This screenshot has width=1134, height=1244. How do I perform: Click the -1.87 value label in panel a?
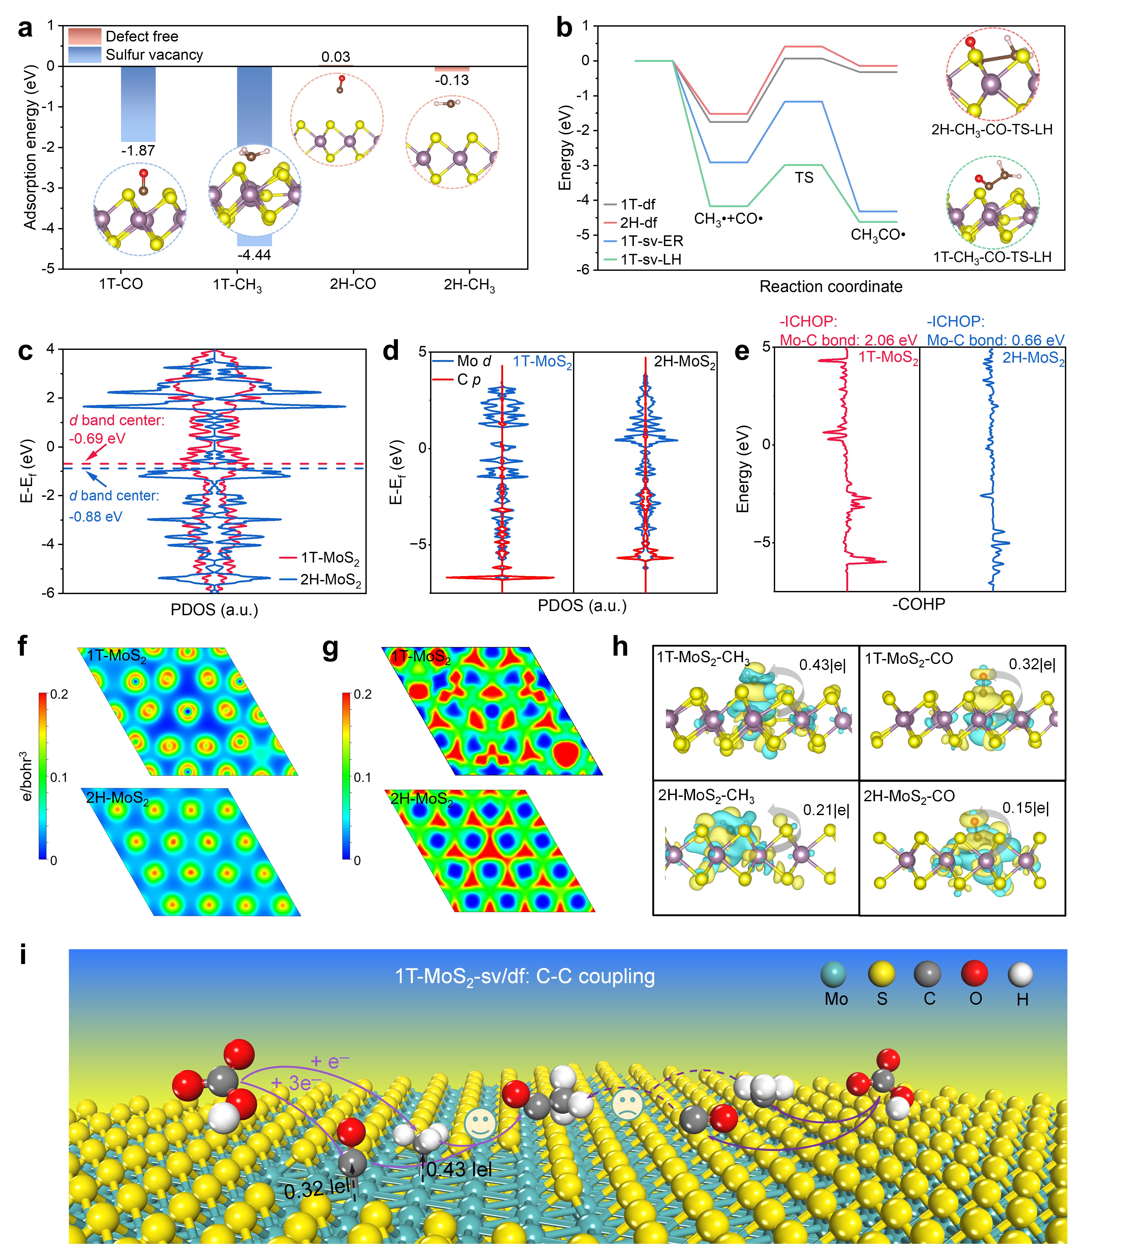[x=138, y=151]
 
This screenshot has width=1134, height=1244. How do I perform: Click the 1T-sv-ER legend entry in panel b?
[x=651, y=241]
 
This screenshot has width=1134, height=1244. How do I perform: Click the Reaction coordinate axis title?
[x=830, y=287]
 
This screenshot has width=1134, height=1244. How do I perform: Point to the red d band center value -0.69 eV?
[x=98, y=439]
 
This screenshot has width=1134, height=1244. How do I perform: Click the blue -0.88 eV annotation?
[x=96, y=517]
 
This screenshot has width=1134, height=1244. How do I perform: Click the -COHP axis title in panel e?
[x=918, y=604]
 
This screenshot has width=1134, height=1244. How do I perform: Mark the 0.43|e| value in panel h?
[x=822, y=665]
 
